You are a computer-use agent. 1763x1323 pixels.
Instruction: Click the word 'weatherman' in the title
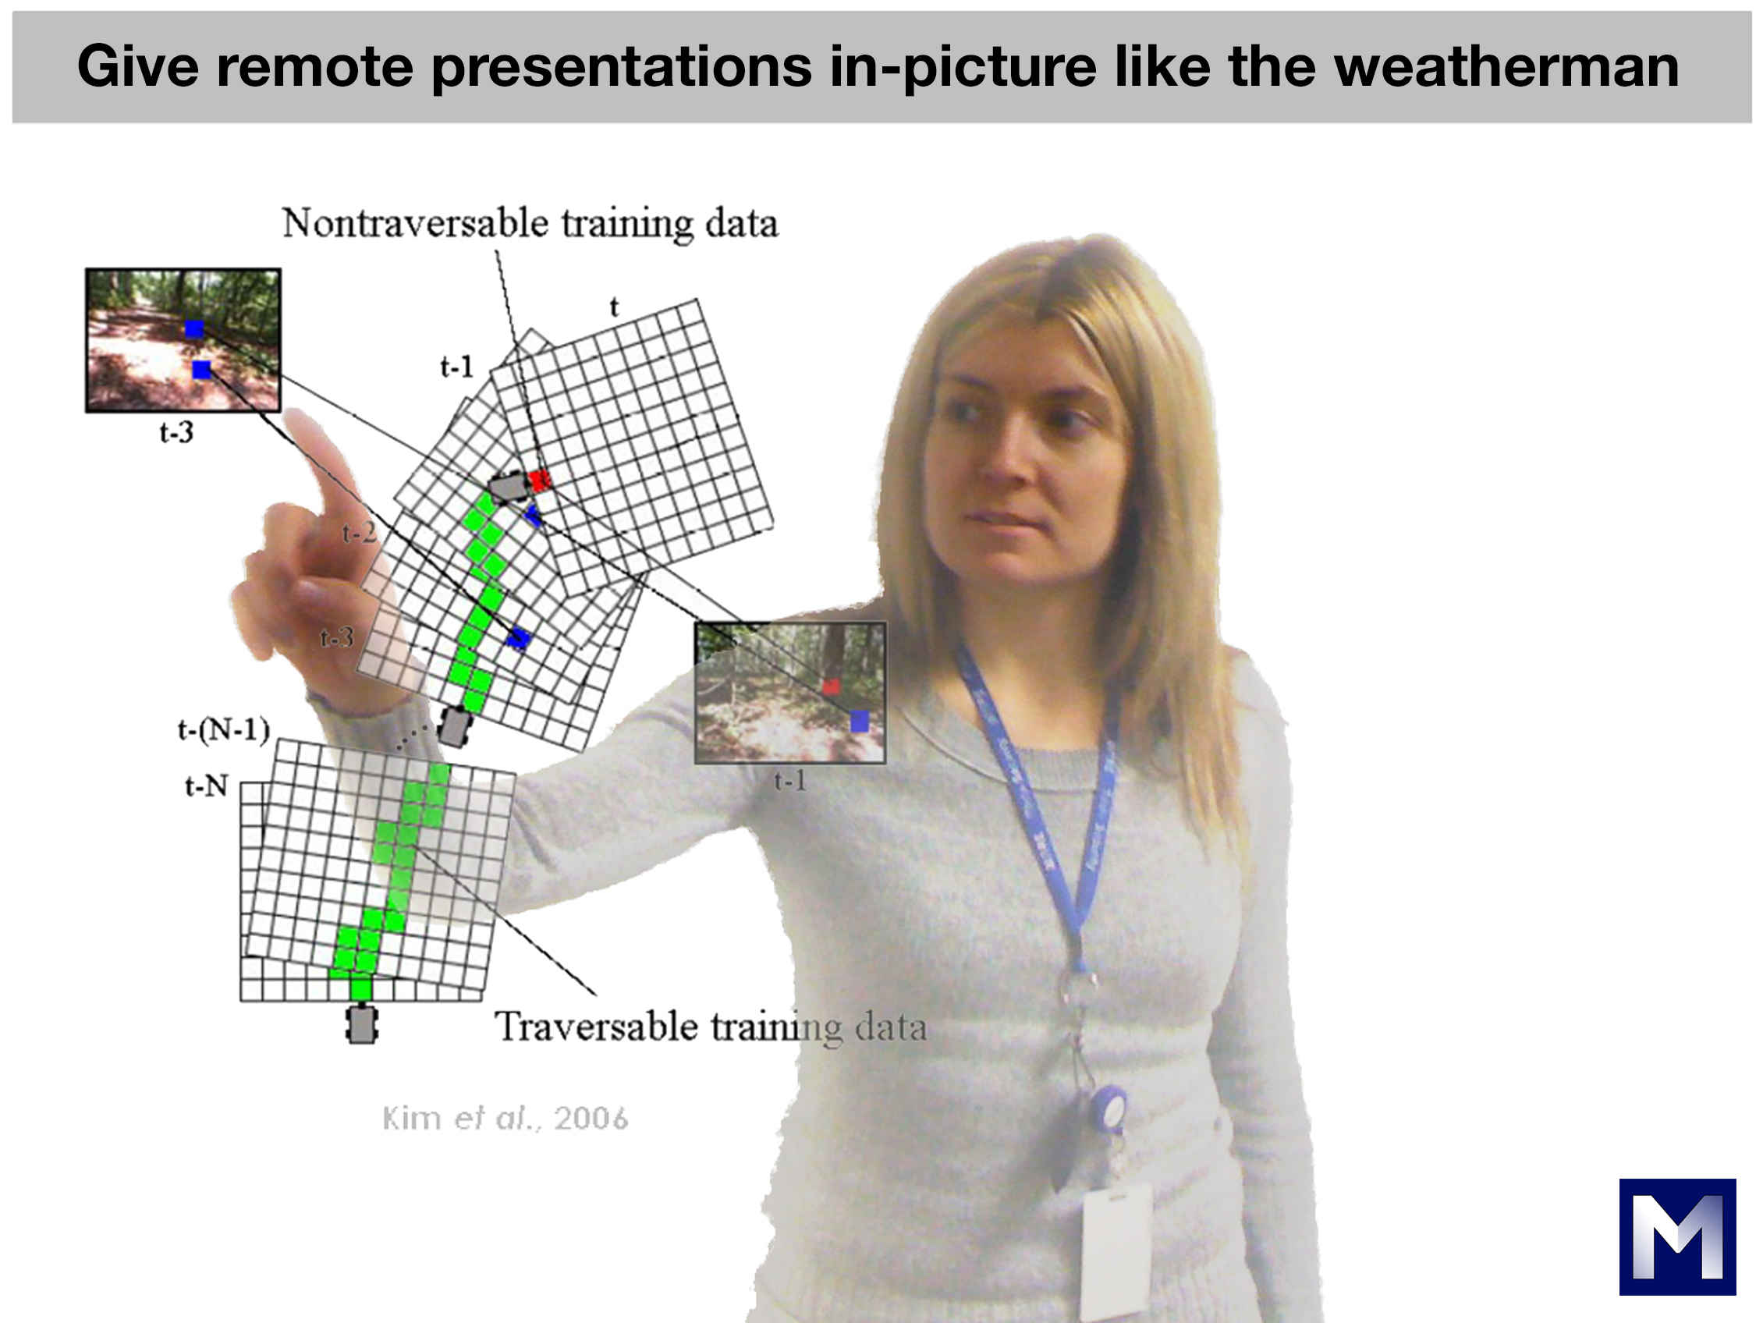point(1506,66)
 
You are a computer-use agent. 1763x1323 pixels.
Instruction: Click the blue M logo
point(1678,1237)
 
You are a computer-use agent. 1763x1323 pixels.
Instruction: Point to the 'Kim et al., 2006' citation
point(505,1118)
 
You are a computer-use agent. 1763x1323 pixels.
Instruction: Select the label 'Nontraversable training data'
point(530,224)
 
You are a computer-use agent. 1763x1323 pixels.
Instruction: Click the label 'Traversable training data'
point(711,1027)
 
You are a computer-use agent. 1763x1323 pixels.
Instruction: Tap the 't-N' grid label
point(207,786)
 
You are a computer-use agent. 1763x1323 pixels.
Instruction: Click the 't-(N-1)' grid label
point(224,730)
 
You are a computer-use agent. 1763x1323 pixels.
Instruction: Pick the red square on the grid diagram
point(540,480)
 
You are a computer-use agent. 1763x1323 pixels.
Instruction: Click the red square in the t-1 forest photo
point(832,686)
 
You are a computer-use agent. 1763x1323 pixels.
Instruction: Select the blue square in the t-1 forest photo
point(859,722)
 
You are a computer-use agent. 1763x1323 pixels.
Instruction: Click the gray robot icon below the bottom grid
point(362,1025)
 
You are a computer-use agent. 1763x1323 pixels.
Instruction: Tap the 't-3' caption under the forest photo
point(176,432)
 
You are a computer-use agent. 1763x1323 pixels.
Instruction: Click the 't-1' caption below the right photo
point(791,780)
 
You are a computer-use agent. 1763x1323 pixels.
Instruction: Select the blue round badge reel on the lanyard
point(1108,1108)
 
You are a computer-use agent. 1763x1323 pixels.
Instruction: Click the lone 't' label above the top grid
point(615,307)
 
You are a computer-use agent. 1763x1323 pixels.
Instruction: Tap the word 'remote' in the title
point(316,66)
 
